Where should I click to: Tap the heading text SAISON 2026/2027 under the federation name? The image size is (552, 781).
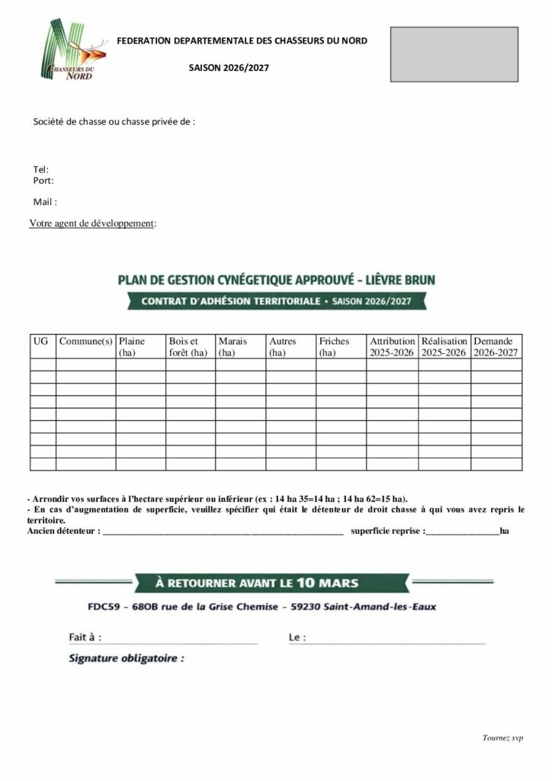pos(229,68)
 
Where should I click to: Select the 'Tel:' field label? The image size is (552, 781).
pos(41,169)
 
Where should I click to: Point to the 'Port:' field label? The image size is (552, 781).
pos(43,181)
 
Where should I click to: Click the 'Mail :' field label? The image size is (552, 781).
pos(45,202)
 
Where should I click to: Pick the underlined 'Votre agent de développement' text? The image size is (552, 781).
pos(92,223)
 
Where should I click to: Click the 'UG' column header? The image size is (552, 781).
pos(41,341)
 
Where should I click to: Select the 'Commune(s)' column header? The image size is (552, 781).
pos(85,341)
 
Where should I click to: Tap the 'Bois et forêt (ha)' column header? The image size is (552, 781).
pos(188,347)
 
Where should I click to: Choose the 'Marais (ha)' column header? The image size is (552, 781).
pos(233,347)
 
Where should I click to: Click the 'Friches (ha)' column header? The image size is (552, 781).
pos(334,347)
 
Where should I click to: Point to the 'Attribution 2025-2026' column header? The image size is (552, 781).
pos(392,347)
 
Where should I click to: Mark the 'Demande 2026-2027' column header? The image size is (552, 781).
pos(496,347)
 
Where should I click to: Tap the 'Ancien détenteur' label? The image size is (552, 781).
pos(63,531)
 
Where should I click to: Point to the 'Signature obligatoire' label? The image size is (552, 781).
pos(127,657)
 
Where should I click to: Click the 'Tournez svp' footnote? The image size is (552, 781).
pos(502,738)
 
